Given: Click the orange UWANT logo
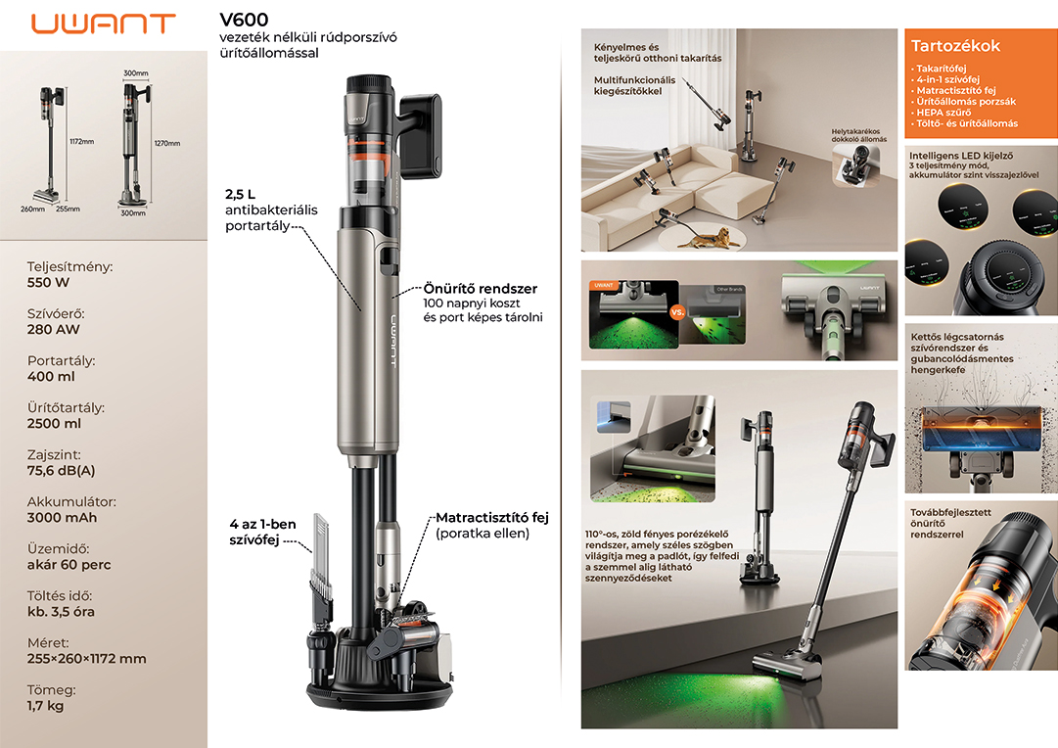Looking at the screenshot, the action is [103, 23].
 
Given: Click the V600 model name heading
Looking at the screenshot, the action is [244, 20].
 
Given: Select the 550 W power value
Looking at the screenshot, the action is [48, 282].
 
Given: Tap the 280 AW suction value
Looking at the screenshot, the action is [53, 329].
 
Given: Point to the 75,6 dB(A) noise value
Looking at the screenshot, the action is [61, 471].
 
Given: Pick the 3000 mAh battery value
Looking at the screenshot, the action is [62, 518].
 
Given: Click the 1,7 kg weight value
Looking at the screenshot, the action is [45, 706].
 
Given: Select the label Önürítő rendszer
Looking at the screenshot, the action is [481, 288].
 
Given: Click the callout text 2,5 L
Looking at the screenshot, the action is [240, 195].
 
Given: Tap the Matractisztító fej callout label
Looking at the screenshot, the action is [492, 518].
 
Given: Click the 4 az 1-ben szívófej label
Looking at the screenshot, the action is [262, 532].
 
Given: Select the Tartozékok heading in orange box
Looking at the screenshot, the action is [955, 46].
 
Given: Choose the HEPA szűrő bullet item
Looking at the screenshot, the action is [943, 112].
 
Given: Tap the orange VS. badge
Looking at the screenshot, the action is [677, 312].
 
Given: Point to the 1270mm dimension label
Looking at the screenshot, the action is [167, 143].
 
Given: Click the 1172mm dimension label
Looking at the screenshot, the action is [81, 142].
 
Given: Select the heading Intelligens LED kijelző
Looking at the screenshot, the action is [961, 156].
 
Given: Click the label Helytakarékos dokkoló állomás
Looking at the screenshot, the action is [859, 135].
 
